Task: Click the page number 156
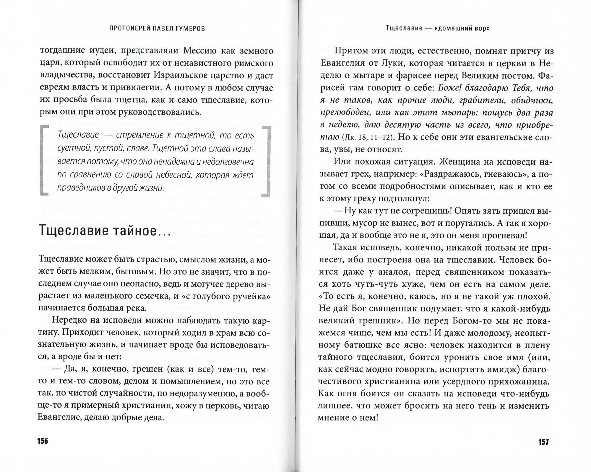(43, 442)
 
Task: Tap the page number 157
(543, 442)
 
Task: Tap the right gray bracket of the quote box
(266, 161)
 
